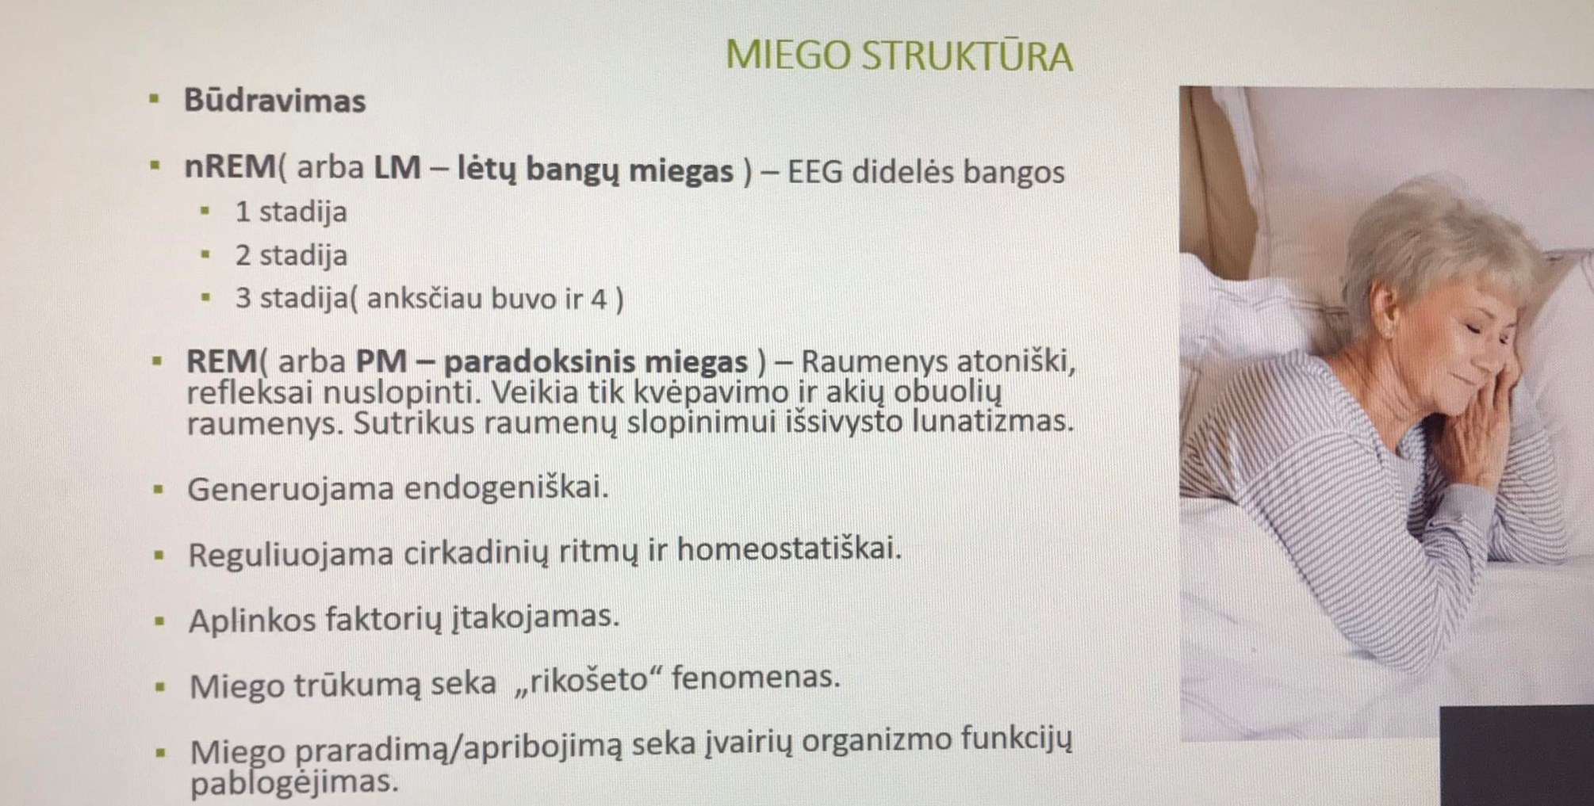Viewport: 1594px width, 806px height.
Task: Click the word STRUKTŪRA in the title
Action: [x=968, y=55]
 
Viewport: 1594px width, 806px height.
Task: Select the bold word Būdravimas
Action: [x=274, y=101]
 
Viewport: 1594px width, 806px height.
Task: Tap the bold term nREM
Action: [x=230, y=167]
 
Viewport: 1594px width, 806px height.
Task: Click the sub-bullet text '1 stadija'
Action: [x=291, y=212]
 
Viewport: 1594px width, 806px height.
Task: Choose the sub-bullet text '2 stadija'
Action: [x=291, y=255]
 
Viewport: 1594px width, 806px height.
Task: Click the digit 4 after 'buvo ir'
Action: [x=599, y=299]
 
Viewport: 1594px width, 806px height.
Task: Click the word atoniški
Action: [x=1016, y=361]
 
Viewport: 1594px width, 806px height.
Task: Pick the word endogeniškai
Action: [x=506, y=487]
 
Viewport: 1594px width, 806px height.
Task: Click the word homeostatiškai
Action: [x=789, y=548]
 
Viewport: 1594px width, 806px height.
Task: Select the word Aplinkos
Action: [x=252, y=621]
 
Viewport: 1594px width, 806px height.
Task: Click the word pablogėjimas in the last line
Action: [x=294, y=783]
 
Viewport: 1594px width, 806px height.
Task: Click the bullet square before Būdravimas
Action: [x=154, y=100]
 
